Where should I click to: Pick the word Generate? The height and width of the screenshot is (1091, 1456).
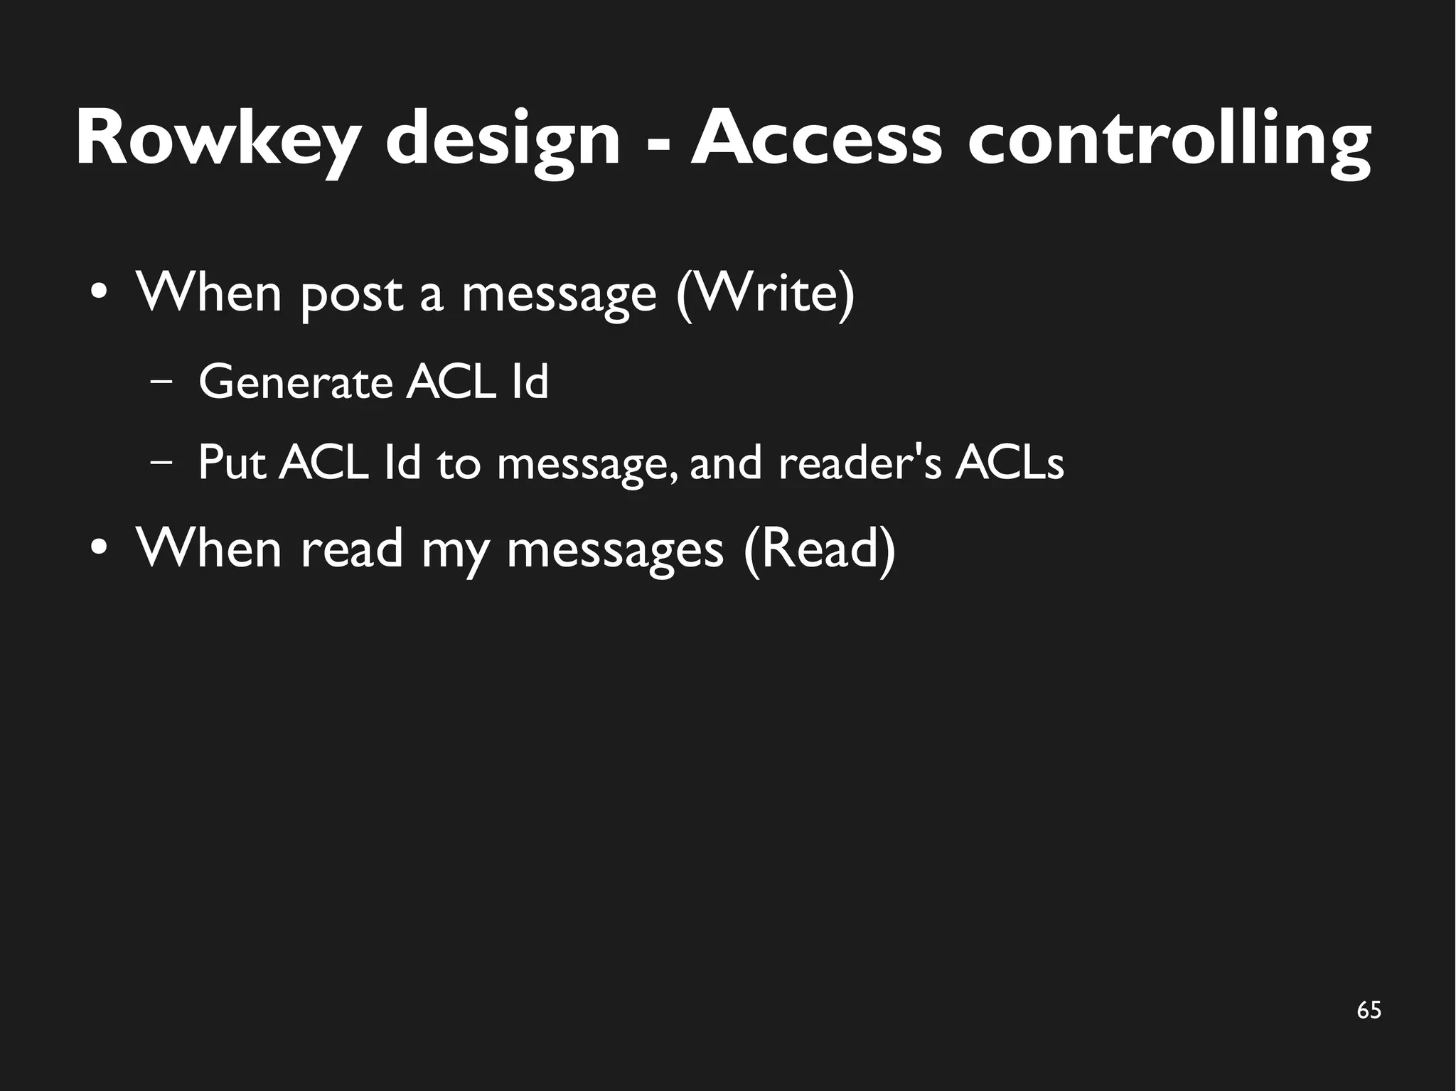pos(296,384)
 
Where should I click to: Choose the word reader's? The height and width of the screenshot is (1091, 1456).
pos(861,463)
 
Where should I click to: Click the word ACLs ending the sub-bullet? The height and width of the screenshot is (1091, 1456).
pos(1010,463)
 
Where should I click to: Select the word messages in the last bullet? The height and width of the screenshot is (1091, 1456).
pos(615,551)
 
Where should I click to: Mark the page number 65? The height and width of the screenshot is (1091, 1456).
pos(1369,1010)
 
